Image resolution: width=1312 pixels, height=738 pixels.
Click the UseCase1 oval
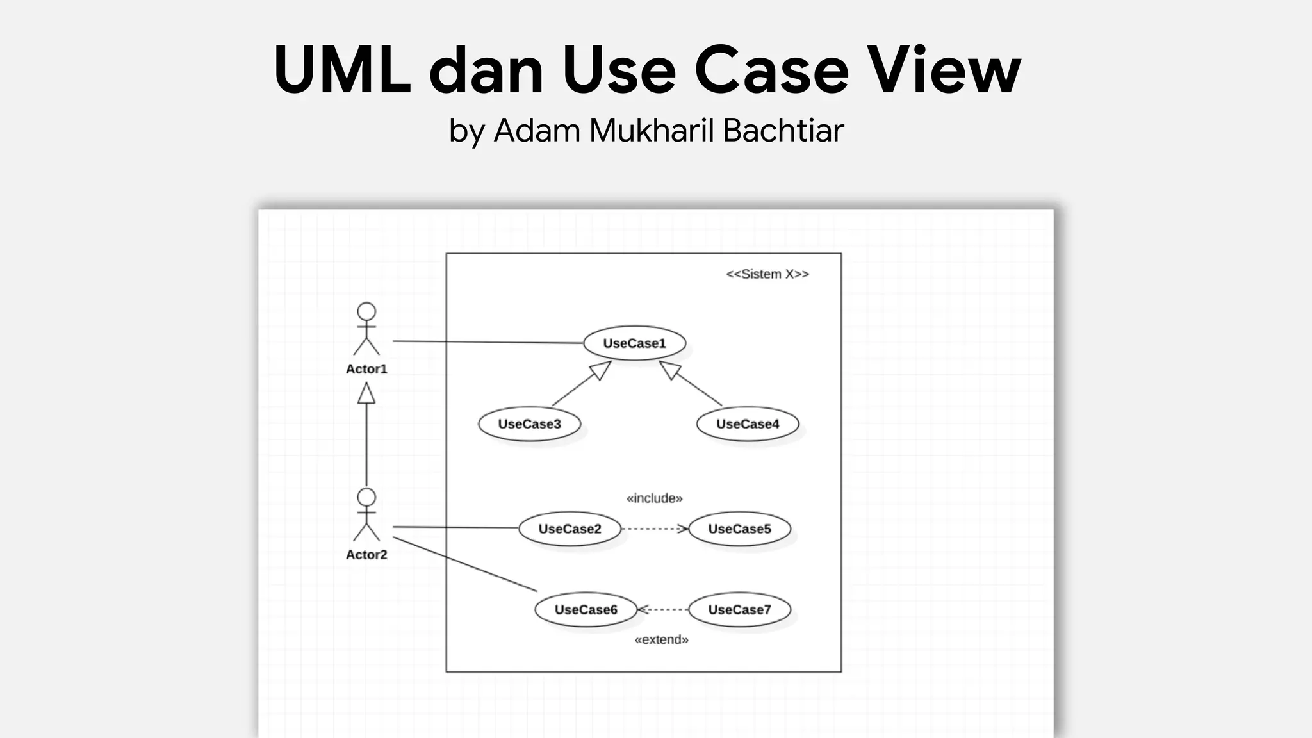click(634, 343)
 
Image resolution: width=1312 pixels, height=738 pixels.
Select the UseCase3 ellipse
click(529, 423)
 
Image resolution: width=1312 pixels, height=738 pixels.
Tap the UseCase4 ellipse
click(747, 423)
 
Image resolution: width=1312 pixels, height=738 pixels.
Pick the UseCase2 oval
click(570, 529)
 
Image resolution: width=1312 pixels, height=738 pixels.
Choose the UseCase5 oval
click(739, 529)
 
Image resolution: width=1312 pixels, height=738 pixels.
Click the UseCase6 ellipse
click(586, 609)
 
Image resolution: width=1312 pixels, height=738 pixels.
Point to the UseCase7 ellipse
click(739, 609)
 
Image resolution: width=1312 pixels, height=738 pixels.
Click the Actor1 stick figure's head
click(366, 312)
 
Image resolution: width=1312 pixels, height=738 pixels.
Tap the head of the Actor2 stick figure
click(366, 498)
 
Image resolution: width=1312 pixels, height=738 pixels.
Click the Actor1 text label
click(366, 369)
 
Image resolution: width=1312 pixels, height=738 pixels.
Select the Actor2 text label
click(366, 555)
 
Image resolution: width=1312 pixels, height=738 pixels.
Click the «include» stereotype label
click(654, 498)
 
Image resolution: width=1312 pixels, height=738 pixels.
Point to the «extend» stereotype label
click(661, 639)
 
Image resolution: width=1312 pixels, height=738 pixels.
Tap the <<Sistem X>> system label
click(767, 274)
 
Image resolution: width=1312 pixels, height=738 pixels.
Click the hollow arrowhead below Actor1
click(366, 393)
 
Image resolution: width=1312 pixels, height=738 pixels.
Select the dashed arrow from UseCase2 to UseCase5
click(653, 529)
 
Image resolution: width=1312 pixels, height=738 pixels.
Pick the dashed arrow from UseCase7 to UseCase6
click(663, 609)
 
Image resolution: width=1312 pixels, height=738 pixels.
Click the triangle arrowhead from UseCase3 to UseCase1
click(601, 370)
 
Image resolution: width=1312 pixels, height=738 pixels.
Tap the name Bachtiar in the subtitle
click(783, 131)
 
